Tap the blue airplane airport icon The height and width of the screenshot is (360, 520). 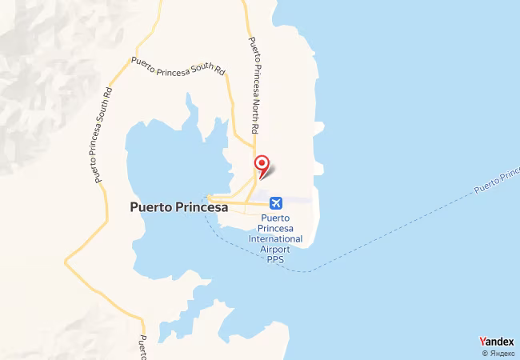(276, 203)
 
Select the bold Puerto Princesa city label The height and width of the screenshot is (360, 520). (178, 206)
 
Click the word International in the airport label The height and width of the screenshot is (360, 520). (275, 238)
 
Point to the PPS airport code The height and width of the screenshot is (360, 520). (275, 258)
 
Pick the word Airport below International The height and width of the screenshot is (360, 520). (275, 249)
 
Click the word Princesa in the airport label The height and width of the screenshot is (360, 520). (275, 228)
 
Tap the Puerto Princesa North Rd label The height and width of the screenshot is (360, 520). (254, 86)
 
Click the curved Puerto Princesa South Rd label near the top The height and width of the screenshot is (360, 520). (178, 66)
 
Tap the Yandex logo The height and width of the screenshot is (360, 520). (496, 341)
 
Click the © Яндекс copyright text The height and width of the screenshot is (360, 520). (498, 353)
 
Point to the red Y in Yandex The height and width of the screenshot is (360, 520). (482, 341)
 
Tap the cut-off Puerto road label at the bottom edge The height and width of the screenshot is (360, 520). (142, 347)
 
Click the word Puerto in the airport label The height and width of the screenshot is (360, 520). (275, 218)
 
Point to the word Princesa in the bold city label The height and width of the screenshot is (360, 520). (198, 206)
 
